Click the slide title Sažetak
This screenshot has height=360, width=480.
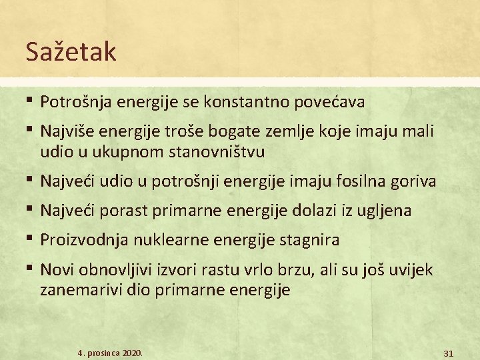click(x=71, y=52)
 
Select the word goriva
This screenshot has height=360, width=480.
click(x=416, y=181)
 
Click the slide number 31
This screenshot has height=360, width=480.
click(x=448, y=351)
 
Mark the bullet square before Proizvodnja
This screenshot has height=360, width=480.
click(x=31, y=237)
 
